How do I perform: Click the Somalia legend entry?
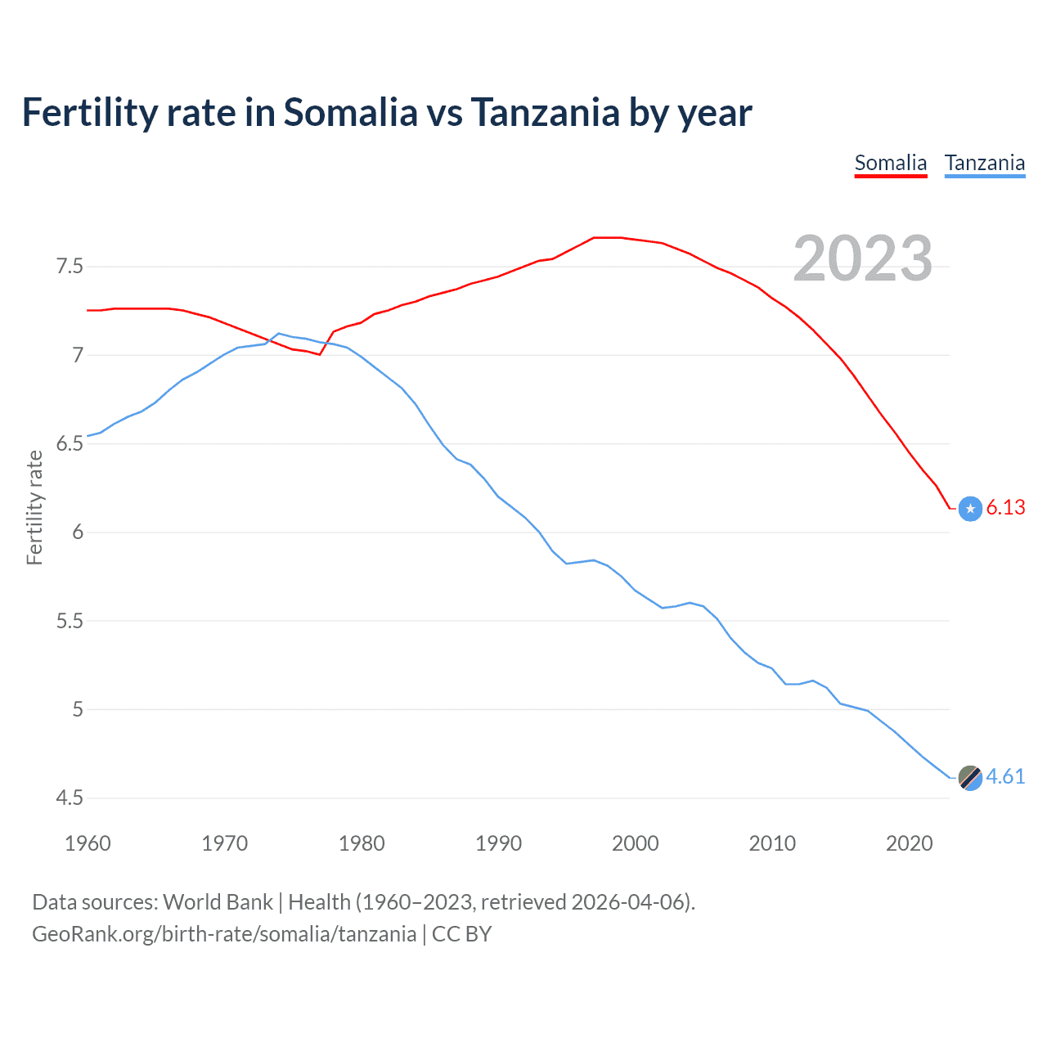click(x=890, y=163)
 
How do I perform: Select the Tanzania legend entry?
click(x=984, y=163)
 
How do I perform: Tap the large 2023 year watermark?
click(x=863, y=258)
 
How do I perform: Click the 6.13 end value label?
click(x=1005, y=508)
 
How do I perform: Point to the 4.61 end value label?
click(x=1005, y=777)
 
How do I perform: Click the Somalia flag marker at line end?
click(x=970, y=509)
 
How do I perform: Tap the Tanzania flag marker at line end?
click(x=970, y=778)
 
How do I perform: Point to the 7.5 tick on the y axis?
click(x=69, y=267)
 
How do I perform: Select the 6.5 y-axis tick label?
click(x=69, y=444)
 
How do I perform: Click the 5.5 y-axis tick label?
click(x=69, y=622)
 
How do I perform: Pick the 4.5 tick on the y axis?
click(x=69, y=798)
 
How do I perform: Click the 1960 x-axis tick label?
click(x=88, y=843)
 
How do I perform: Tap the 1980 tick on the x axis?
click(x=362, y=843)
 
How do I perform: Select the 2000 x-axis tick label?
click(x=636, y=843)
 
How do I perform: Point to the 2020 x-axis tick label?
click(x=909, y=843)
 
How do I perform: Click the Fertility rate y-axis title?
click(x=34, y=507)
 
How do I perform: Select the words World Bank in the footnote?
click(x=218, y=902)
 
